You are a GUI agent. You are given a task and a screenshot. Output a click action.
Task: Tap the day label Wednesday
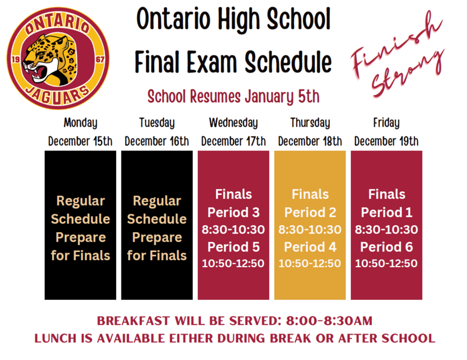click(233, 123)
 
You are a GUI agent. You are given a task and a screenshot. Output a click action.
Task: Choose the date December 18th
click(309, 141)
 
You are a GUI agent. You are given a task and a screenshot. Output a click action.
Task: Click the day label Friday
click(386, 123)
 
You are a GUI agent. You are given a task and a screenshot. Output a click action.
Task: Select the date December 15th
click(80, 141)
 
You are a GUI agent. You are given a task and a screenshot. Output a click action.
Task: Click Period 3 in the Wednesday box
click(233, 212)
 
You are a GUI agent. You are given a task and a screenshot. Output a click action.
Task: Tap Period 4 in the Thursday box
click(310, 246)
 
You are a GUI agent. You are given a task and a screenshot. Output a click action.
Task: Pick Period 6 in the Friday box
click(386, 246)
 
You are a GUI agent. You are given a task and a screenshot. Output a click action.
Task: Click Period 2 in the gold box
click(310, 212)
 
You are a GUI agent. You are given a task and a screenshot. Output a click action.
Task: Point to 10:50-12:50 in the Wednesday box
click(233, 263)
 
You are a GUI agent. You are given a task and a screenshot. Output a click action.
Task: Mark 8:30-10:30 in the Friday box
click(386, 229)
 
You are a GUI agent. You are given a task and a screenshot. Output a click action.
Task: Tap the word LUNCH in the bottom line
click(56, 338)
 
